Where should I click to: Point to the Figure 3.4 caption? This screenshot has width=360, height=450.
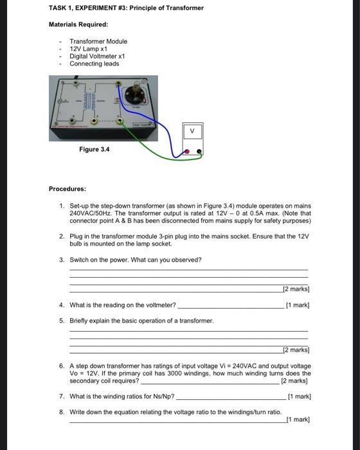coord(94,150)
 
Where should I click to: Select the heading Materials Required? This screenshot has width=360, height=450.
coord(78,24)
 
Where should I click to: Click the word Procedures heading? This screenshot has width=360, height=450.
coord(67,189)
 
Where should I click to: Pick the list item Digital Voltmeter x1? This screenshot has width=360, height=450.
coord(97,57)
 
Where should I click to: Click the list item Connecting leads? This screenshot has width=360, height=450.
coord(94,64)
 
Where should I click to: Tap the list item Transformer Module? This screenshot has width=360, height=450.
coord(98,41)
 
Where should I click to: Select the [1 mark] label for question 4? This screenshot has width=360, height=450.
coord(298,305)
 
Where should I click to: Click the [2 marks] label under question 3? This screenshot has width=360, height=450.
coord(295,290)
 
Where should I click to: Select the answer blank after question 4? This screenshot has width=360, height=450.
coord(230,306)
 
